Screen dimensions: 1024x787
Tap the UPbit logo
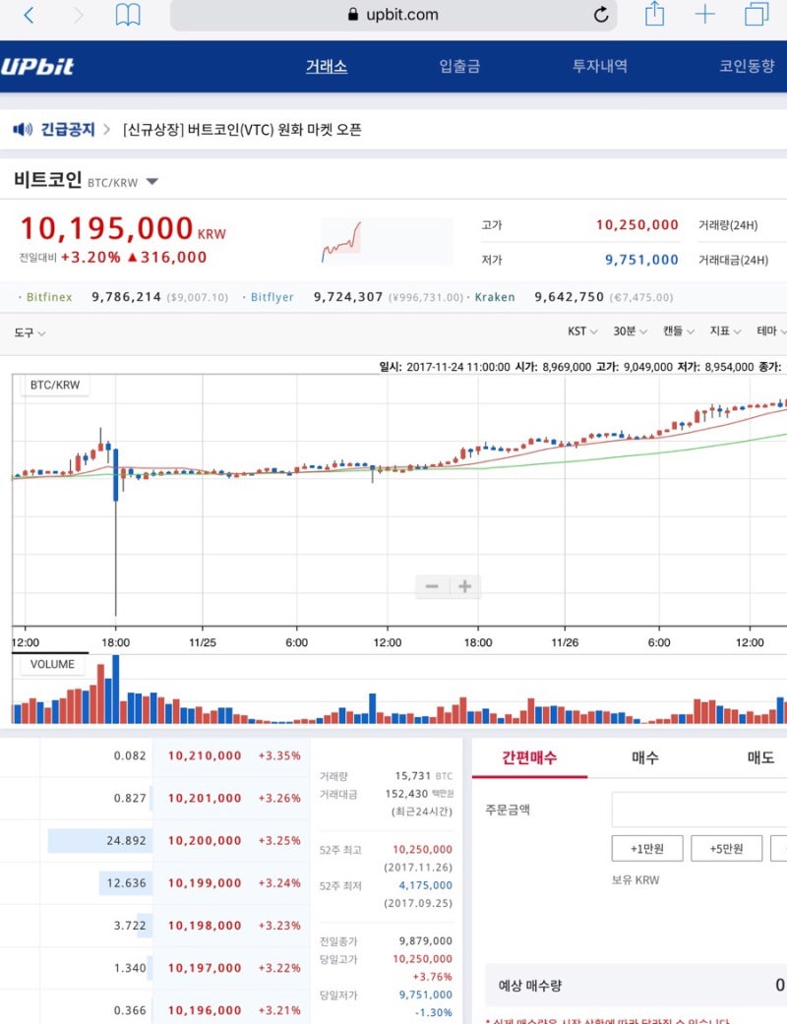pyautogui.click(x=37, y=67)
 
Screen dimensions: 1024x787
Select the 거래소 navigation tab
pyautogui.click(x=326, y=67)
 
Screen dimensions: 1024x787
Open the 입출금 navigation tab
pyautogui.click(x=459, y=67)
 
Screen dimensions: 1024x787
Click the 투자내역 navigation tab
pyautogui.click(x=600, y=67)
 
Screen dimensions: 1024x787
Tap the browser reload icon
pyautogui.click(x=601, y=15)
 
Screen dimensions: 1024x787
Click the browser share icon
pyautogui.click(x=654, y=14)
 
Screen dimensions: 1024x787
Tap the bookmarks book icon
pyautogui.click(x=128, y=15)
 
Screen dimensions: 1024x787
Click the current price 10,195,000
pyautogui.click(x=106, y=228)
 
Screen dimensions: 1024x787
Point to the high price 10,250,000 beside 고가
pyautogui.click(x=636, y=225)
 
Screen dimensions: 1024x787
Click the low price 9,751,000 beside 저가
pyautogui.click(x=641, y=260)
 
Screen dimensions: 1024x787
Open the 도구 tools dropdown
pyautogui.click(x=30, y=332)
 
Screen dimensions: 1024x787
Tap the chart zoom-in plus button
pyautogui.click(x=464, y=587)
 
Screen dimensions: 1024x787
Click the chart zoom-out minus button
pyautogui.click(x=432, y=587)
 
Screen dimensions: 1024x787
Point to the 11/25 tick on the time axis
pyautogui.click(x=202, y=642)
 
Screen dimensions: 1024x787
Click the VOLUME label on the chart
pyautogui.click(x=52, y=664)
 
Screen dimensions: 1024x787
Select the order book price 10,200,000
pyautogui.click(x=205, y=840)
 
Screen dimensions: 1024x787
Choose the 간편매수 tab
pyautogui.click(x=529, y=757)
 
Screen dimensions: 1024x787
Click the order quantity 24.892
pyautogui.click(x=126, y=840)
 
